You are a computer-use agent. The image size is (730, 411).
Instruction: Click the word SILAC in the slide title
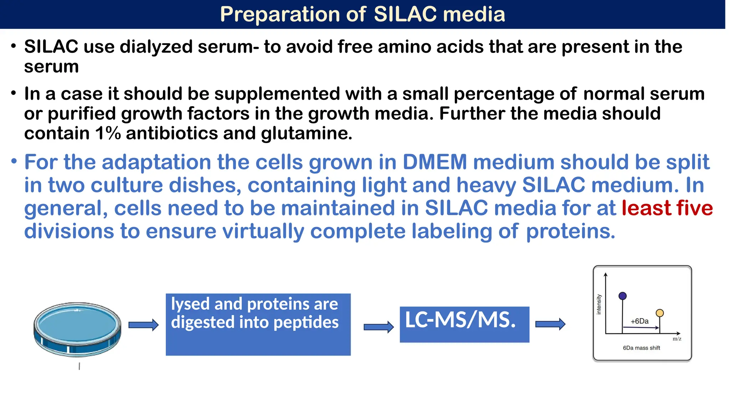[x=405, y=14]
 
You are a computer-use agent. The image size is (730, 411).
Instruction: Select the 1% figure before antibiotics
[x=108, y=133]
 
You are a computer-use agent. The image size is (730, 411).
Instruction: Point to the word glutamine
[x=306, y=133]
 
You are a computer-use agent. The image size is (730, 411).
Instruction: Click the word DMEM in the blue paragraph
[x=435, y=162]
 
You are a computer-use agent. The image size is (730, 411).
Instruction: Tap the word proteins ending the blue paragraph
[x=570, y=231]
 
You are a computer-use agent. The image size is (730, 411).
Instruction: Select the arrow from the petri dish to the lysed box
[x=143, y=325]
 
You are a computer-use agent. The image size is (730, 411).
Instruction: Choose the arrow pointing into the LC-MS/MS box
[x=379, y=327]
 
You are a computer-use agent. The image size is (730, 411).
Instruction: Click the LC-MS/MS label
[x=460, y=320]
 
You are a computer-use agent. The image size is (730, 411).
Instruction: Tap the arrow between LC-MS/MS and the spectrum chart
[x=550, y=324]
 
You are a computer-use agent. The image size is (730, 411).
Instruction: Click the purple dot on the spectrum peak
[x=623, y=296]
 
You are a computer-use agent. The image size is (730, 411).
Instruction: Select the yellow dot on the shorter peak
[x=660, y=313]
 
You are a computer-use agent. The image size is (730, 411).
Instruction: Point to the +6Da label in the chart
[x=639, y=321]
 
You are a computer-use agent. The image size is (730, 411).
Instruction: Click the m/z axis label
[x=677, y=339]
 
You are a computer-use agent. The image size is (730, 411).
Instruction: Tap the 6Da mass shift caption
[x=641, y=348]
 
